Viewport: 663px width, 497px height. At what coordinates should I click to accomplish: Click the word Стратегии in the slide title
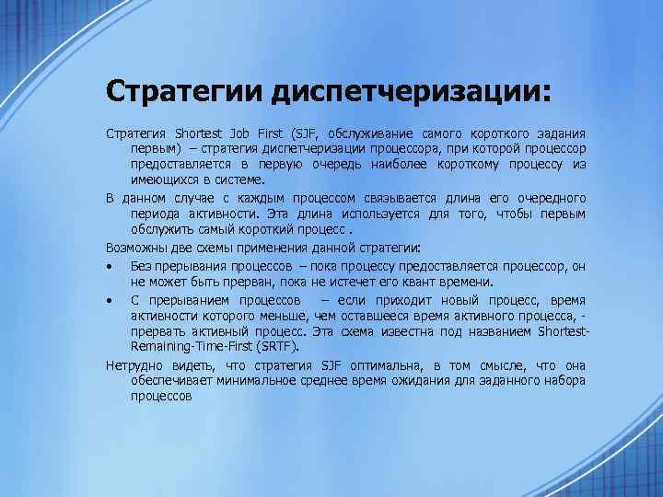coord(183,92)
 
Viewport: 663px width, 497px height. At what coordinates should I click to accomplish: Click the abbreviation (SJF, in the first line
coord(308,134)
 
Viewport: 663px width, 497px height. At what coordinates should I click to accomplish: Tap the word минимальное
coord(243,380)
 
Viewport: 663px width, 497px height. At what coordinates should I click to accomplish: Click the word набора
coord(564,380)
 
